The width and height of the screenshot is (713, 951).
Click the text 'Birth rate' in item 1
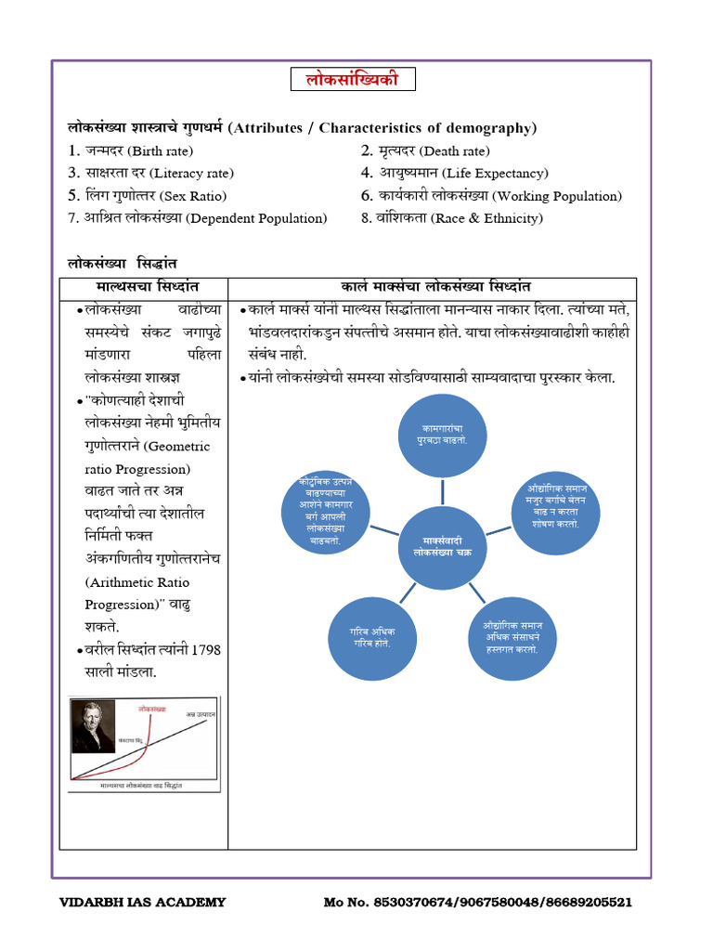click(x=162, y=151)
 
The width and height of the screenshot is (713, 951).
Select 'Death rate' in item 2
click(x=454, y=151)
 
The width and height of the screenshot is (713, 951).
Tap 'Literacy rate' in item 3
click(x=192, y=174)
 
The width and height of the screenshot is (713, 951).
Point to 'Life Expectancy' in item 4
click(x=495, y=174)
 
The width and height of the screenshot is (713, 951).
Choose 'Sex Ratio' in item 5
click(x=192, y=196)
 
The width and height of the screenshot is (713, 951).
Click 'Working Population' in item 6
click(x=557, y=196)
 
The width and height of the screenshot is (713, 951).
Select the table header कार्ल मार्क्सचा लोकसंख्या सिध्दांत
click(x=434, y=288)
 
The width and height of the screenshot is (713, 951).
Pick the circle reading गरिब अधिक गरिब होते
click(x=367, y=638)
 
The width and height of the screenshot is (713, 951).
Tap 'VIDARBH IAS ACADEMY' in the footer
click(x=142, y=902)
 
